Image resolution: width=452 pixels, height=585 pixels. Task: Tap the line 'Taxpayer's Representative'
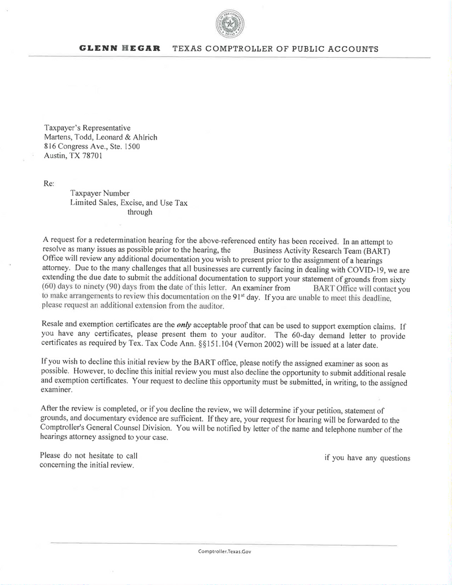(87, 128)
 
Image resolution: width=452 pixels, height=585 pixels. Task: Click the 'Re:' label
(49, 184)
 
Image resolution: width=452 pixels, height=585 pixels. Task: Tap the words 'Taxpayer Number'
(100, 193)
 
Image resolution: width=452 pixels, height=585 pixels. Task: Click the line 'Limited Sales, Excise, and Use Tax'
(129, 202)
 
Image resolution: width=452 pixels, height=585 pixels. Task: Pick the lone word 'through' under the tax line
(140, 212)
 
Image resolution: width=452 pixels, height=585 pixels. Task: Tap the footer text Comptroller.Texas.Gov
(224, 551)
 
